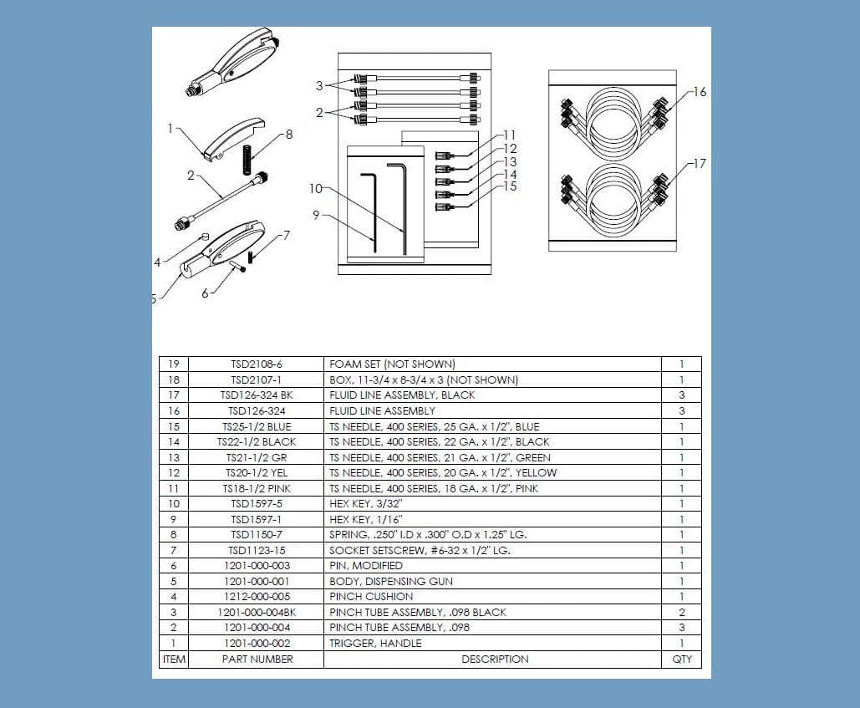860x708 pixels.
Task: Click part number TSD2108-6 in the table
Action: pyautogui.click(x=257, y=364)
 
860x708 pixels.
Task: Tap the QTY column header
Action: pyautogui.click(x=681, y=659)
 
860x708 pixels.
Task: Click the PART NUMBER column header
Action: pyautogui.click(x=257, y=659)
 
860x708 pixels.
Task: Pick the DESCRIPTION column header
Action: pyautogui.click(x=494, y=659)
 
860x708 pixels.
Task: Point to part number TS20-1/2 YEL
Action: pyautogui.click(x=257, y=473)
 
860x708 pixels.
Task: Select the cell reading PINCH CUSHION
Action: pyautogui.click(x=370, y=597)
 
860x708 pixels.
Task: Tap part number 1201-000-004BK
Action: pyautogui.click(x=257, y=612)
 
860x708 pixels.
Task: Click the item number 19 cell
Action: pyautogui.click(x=173, y=364)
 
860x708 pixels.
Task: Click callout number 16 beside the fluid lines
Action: pyautogui.click(x=700, y=92)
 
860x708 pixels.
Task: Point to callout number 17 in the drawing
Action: pyautogui.click(x=700, y=163)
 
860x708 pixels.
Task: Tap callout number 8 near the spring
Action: pyautogui.click(x=289, y=134)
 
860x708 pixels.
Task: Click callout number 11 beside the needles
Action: pyautogui.click(x=510, y=135)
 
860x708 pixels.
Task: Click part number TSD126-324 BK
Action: pyautogui.click(x=257, y=395)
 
